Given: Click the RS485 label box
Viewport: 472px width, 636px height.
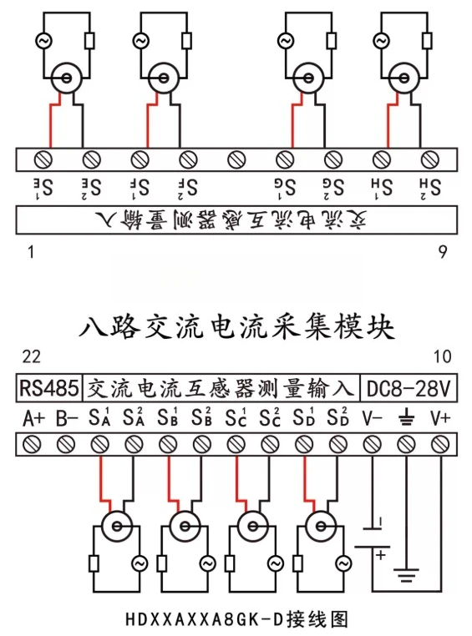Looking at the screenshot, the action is tap(49, 388).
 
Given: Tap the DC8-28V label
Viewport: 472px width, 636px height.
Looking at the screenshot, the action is tap(409, 388).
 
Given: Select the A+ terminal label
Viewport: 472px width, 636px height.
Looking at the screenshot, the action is tap(33, 419).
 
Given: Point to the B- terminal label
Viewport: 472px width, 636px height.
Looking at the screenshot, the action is tap(67, 419).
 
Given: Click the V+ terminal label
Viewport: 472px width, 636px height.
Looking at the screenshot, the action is tap(440, 419).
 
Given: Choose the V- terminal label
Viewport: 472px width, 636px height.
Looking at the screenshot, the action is tap(372, 419).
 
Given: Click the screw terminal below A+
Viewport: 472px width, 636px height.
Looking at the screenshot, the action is tap(32, 445).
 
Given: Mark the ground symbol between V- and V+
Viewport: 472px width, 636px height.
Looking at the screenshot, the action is tap(406, 419).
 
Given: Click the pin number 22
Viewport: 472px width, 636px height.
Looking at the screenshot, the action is tap(31, 356).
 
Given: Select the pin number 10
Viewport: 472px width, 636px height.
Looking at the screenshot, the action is tap(442, 356).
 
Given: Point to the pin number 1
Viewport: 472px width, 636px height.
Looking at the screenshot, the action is tap(31, 252).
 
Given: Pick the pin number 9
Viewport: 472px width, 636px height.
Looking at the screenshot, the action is tap(443, 252).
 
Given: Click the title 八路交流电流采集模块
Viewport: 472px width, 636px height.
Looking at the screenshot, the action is tap(236, 327).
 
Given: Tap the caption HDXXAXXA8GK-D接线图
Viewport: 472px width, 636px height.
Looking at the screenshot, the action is tap(236, 620).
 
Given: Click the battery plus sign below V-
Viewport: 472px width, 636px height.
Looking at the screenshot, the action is tap(381, 554).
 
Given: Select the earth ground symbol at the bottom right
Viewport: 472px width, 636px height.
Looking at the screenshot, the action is tap(406, 575).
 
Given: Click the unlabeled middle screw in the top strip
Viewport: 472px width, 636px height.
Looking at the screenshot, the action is tap(236, 159).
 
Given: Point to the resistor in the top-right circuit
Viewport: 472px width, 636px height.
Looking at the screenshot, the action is tap(427, 41).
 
